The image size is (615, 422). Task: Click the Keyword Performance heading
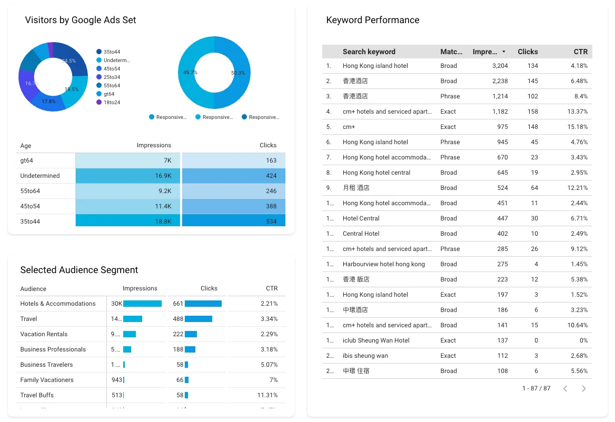click(373, 20)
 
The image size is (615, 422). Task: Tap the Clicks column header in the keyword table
click(528, 52)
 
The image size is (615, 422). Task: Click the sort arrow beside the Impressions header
click(504, 52)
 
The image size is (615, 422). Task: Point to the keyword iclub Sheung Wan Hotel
click(376, 340)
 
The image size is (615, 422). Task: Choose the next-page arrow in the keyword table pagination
click(583, 388)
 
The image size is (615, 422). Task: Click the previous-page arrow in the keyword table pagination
click(565, 388)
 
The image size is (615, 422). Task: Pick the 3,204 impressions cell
click(500, 66)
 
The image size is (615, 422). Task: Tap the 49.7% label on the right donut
click(190, 73)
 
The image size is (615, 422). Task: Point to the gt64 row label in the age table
click(27, 160)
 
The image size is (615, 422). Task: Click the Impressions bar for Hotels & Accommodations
click(142, 304)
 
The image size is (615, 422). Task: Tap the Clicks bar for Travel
click(198, 319)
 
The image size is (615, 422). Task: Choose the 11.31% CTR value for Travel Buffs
click(267, 395)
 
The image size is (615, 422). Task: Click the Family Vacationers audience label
click(47, 380)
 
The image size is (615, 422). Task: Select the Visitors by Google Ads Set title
click(81, 20)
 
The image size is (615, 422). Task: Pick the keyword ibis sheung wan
click(365, 356)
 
